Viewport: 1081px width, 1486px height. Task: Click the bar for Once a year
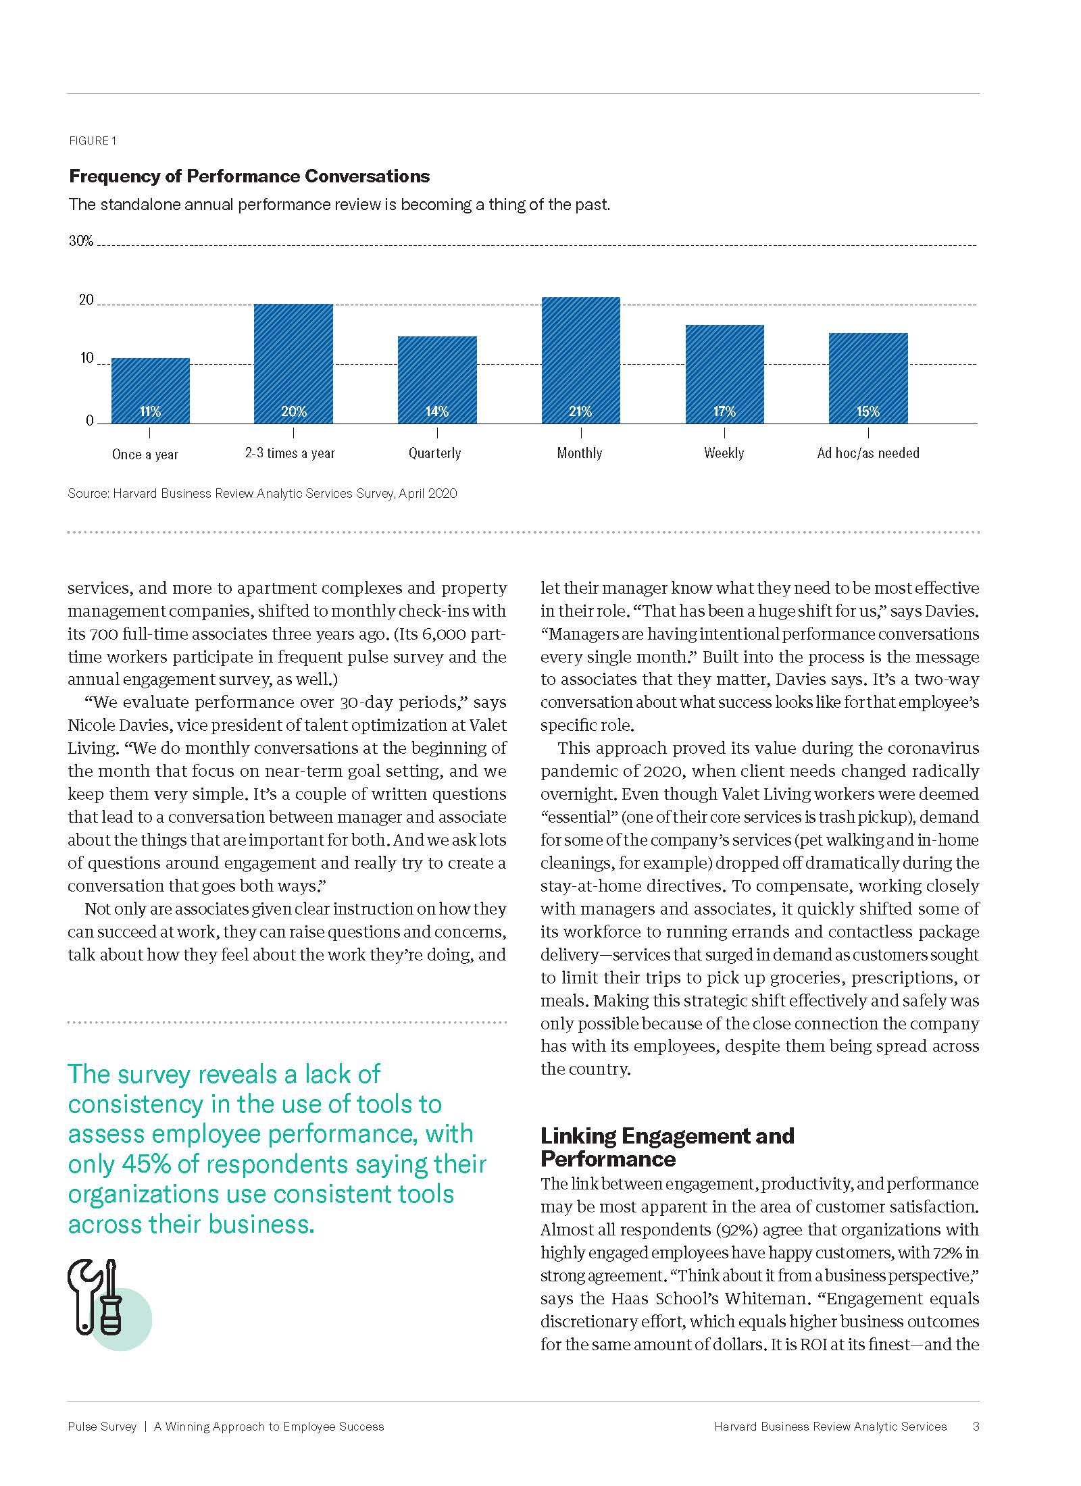point(150,390)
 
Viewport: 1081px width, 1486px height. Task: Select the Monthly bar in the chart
point(580,360)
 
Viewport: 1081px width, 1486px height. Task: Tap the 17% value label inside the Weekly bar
point(724,411)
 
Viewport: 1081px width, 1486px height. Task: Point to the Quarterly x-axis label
point(434,453)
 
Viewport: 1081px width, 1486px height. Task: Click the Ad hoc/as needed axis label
point(868,453)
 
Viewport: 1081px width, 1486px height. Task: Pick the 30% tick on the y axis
point(81,241)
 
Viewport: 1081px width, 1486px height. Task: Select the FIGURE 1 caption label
point(93,140)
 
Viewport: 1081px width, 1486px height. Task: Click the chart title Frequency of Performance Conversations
point(249,176)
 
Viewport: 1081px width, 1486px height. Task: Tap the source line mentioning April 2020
point(262,494)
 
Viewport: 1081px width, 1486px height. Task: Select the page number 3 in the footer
point(976,1427)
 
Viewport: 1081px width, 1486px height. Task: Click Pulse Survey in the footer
point(102,1427)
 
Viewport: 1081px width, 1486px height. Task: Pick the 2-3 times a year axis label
point(290,453)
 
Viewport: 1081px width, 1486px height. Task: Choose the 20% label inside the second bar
point(294,411)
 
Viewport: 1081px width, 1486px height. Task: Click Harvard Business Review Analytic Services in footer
point(830,1427)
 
